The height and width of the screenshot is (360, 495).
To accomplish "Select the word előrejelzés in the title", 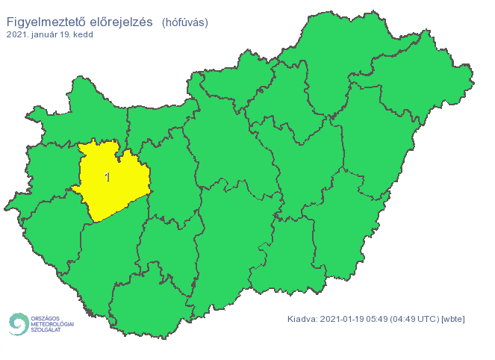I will tap(120, 22).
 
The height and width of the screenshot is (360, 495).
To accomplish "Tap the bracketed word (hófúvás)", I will tap(184, 22).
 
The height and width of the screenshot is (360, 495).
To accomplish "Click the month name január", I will tap(46, 35).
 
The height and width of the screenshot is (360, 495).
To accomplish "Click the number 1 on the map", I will tap(108, 177).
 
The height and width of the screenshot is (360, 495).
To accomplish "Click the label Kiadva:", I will tap(302, 319).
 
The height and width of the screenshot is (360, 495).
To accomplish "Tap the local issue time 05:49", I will tap(380, 319).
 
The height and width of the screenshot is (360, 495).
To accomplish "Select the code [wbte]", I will tap(453, 319).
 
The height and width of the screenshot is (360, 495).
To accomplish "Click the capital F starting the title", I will tap(11, 22).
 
